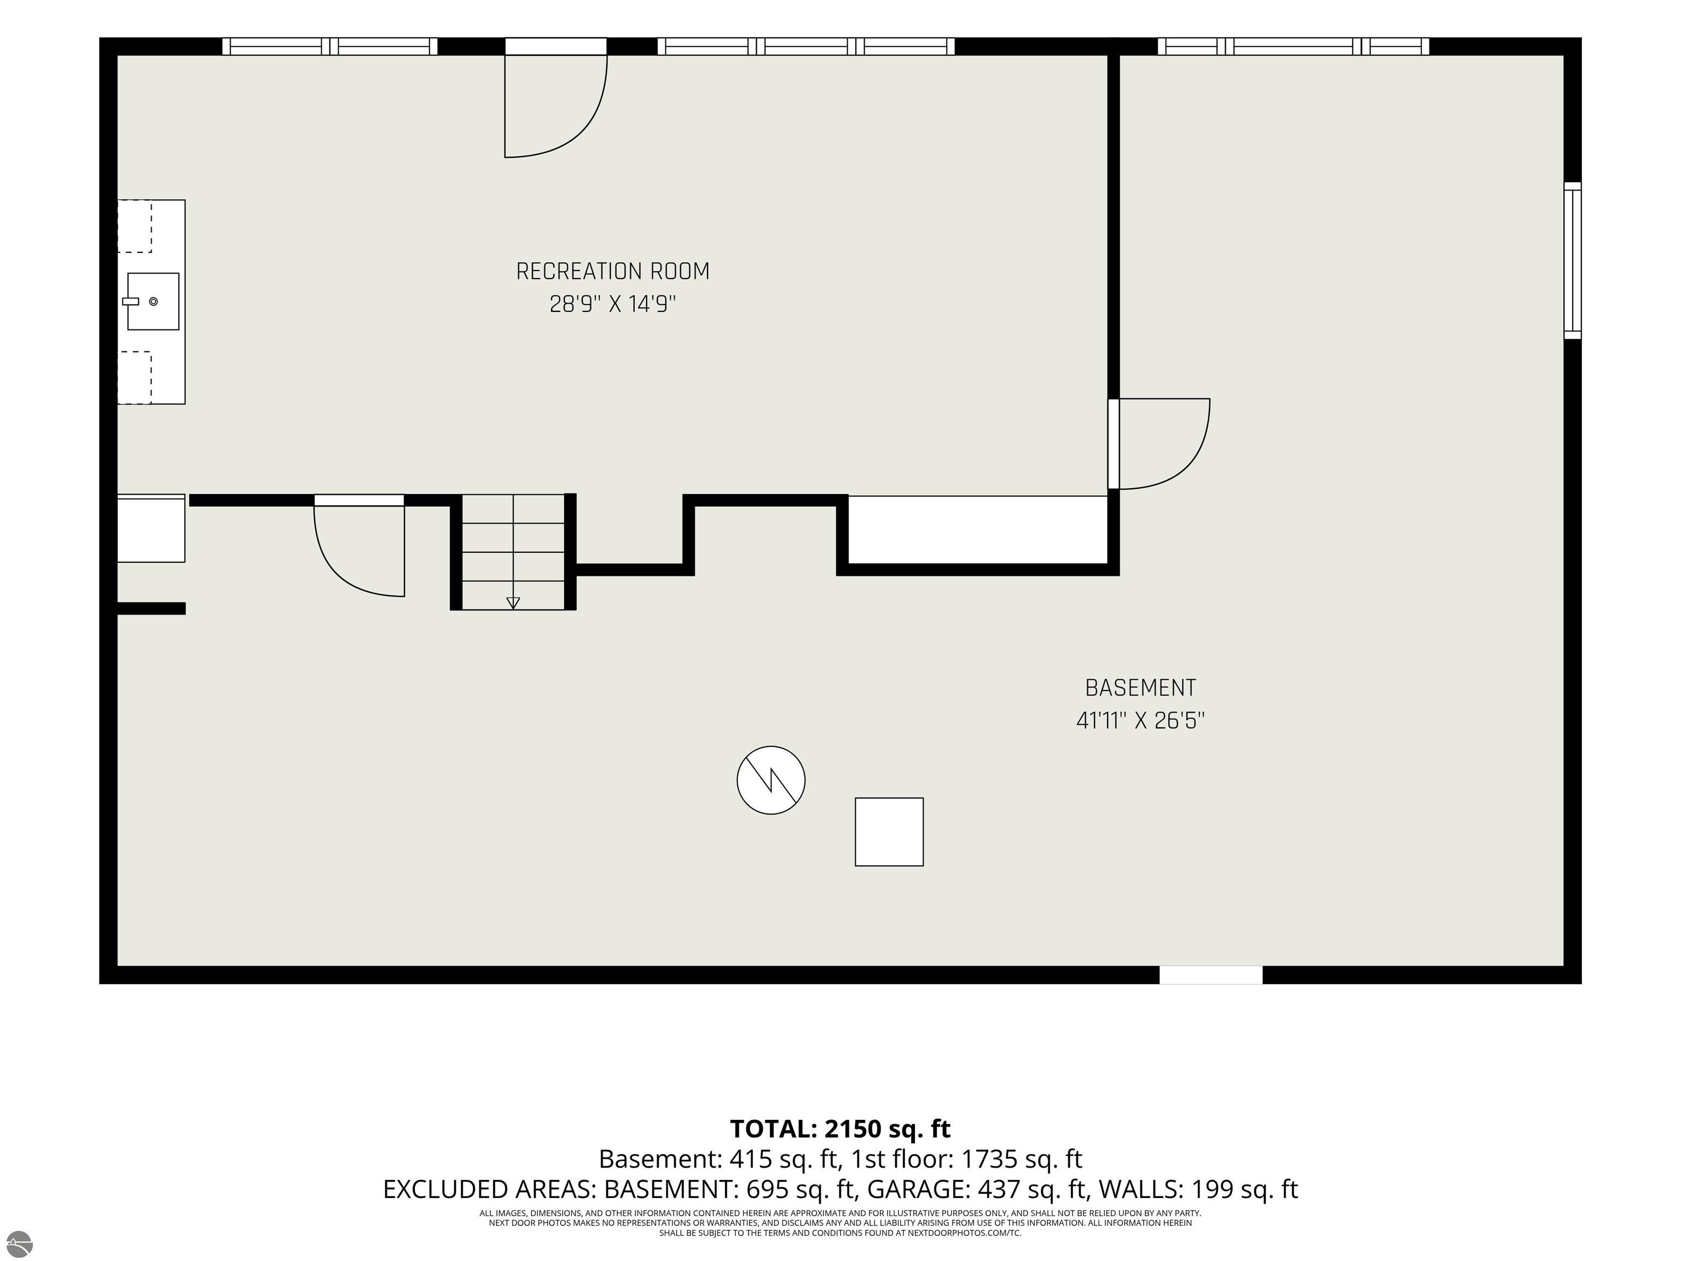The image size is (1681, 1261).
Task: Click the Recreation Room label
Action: [x=612, y=271]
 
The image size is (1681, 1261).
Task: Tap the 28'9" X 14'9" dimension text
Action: [x=612, y=305]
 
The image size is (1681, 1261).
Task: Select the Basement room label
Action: [x=1140, y=688]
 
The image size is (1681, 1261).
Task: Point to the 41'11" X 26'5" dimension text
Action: [x=1140, y=721]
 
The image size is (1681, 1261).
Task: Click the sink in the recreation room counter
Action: [x=153, y=302]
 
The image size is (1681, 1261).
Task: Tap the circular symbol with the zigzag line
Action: [x=770, y=780]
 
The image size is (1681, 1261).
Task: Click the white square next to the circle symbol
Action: [x=889, y=831]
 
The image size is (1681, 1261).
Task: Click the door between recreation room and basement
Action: [x=1159, y=444]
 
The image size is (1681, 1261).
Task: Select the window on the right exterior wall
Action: [x=1572, y=261]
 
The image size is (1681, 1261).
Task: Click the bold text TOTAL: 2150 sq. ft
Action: [x=840, y=1129]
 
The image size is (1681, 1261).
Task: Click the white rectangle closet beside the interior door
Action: [x=977, y=530]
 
